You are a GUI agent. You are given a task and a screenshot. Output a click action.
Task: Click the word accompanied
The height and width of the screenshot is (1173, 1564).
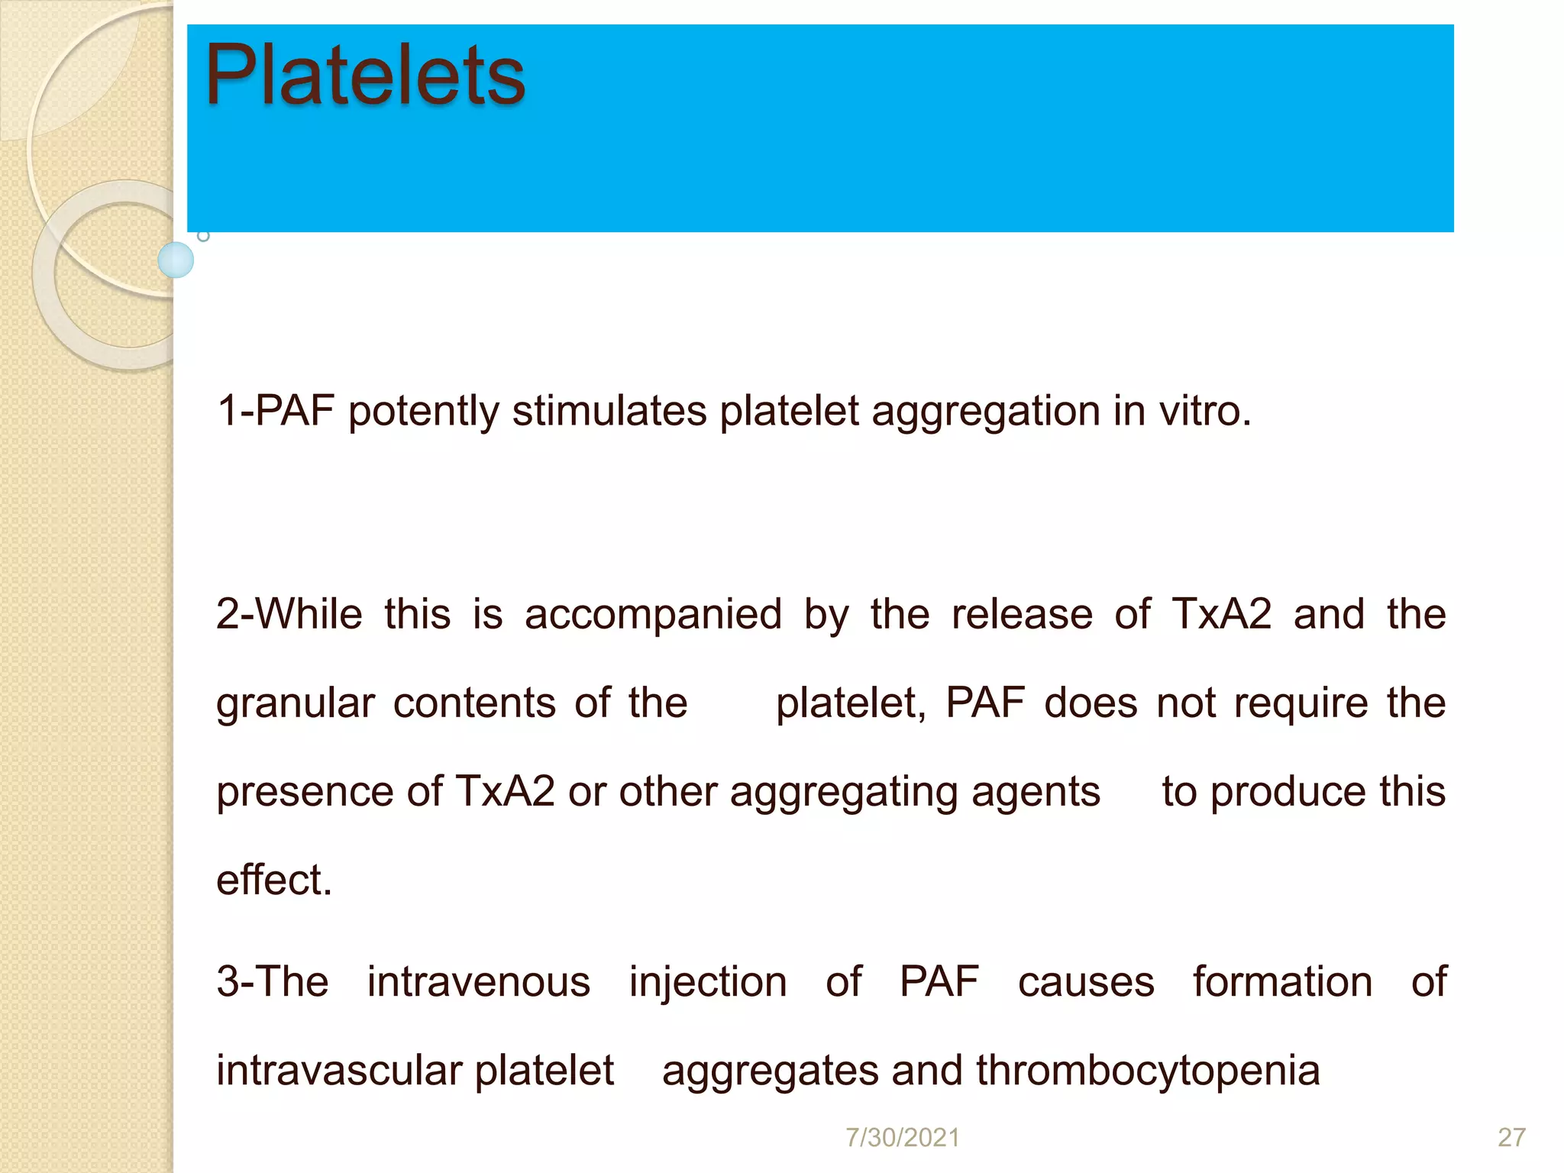tap(653, 616)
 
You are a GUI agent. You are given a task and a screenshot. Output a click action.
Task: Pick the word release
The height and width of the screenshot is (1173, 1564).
tap(1022, 614)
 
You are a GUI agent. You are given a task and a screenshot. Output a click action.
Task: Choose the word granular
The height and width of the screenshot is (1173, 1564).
tap(296, 704)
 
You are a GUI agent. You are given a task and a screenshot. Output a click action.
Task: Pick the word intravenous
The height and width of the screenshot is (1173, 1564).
tap(479, 982)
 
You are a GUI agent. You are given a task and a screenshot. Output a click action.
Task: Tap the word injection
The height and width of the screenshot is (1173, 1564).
tap(708, 984)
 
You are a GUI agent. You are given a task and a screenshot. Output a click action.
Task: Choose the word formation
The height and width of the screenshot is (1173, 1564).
tap(1283, 982)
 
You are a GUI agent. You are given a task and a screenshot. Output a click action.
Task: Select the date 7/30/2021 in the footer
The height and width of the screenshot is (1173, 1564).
tap(902, 1138)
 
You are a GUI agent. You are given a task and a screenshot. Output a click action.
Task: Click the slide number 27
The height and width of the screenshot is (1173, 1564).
tap(1511, 1138)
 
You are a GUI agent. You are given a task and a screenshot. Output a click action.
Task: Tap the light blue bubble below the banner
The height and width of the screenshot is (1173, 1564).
tap(176, 260)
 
